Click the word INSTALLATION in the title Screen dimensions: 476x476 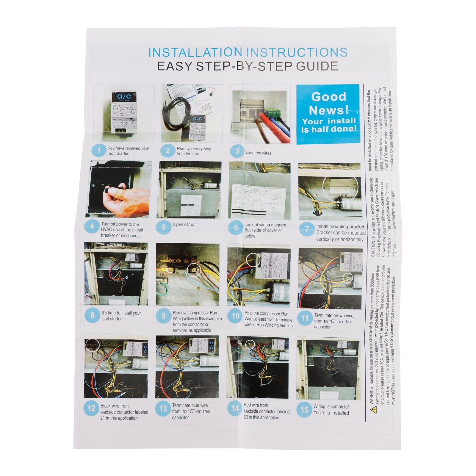click(195, 52)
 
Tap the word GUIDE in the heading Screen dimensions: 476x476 click(317, 66)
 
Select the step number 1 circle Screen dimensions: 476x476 click(99, 151)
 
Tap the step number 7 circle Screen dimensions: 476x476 click(306, 229)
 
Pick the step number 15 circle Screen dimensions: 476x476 click(304, 410)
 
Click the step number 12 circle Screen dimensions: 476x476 click(91, 409)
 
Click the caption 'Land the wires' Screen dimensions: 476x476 click(258, 153)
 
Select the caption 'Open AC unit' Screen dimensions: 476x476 click(185, 224)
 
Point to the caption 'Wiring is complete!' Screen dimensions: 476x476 click(331, 406)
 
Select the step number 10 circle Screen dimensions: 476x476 click(235, 316)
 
